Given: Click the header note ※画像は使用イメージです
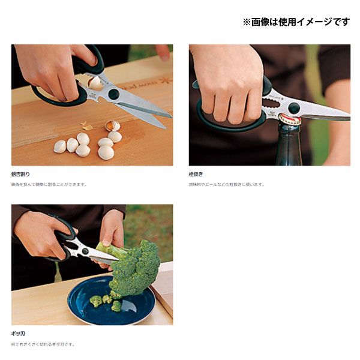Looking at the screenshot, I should point(295,22).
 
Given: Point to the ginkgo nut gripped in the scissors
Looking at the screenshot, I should point(95,83).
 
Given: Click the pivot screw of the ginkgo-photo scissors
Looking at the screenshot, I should point(113,95).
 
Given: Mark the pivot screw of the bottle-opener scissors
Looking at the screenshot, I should point(293,108).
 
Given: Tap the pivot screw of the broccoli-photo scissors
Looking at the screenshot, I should point(85,251).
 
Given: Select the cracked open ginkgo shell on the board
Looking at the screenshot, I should point(112,125).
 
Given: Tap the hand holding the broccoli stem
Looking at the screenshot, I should point(111,231).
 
